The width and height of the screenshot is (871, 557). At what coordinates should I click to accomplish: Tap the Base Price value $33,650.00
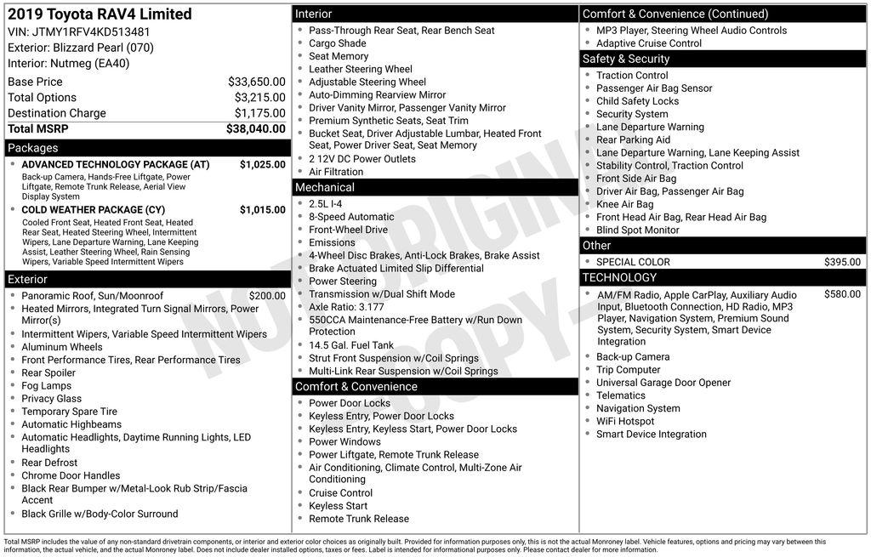click(x=256, y=82)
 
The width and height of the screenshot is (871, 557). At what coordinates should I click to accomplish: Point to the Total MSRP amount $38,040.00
click(x=255, y=128)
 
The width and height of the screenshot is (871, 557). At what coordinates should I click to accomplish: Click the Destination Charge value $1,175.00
click(x=259, y=113)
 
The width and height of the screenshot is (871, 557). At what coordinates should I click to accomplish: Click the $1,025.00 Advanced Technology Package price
click(x=262, y=164)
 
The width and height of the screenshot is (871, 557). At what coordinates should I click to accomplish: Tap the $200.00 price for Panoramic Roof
click(x=267, y=296)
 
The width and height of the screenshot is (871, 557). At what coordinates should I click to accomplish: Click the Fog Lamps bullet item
click(x=46, y=385)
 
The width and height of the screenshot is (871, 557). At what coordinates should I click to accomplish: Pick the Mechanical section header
click(x=324, y=187)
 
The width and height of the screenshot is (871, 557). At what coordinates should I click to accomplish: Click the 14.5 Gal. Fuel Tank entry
click(x=350, y=345)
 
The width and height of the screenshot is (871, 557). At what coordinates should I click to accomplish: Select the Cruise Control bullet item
click(x=340, y=493)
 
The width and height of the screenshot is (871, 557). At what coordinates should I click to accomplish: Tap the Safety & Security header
click(x=625, y=59)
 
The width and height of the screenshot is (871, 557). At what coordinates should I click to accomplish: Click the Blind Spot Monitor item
click(x=637, y=230)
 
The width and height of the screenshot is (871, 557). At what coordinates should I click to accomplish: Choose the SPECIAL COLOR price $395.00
click(x=842, y=262)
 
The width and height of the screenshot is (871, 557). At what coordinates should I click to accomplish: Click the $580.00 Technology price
click(x=842, y=294)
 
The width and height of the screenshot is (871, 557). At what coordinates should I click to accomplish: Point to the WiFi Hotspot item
click(x=625, y=421)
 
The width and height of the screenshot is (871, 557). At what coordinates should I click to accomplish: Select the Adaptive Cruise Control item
click(x=648, y=43)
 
